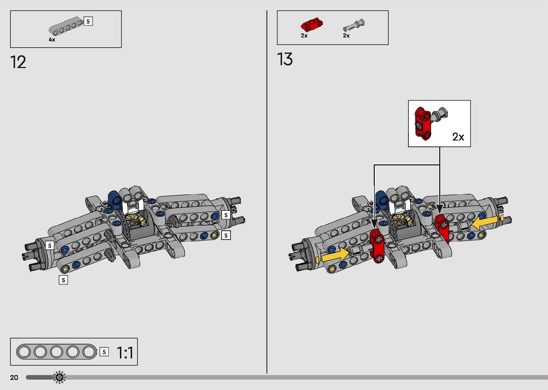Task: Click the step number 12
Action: (x=18, y=62)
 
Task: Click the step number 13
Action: (x=285, y=59)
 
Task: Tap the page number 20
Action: (x=14, y=377)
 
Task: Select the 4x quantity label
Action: (x=52, y=40)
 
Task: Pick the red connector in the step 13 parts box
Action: (x=311, y=25)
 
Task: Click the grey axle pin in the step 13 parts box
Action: (x=354, y=26)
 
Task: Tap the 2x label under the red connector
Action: (x=304, y=35)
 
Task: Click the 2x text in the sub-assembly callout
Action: (x=458, y=137)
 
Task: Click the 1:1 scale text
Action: (x=125, y=352)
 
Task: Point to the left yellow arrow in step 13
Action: (x=335, y=255)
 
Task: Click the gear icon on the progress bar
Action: (x=59, y=377)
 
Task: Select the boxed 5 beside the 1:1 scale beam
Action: (x=104, y=352)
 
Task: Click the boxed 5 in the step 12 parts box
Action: (x=88, y=21)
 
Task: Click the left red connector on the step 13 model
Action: (x=377, y=245)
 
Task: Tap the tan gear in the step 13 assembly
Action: (x=403, y=220)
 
